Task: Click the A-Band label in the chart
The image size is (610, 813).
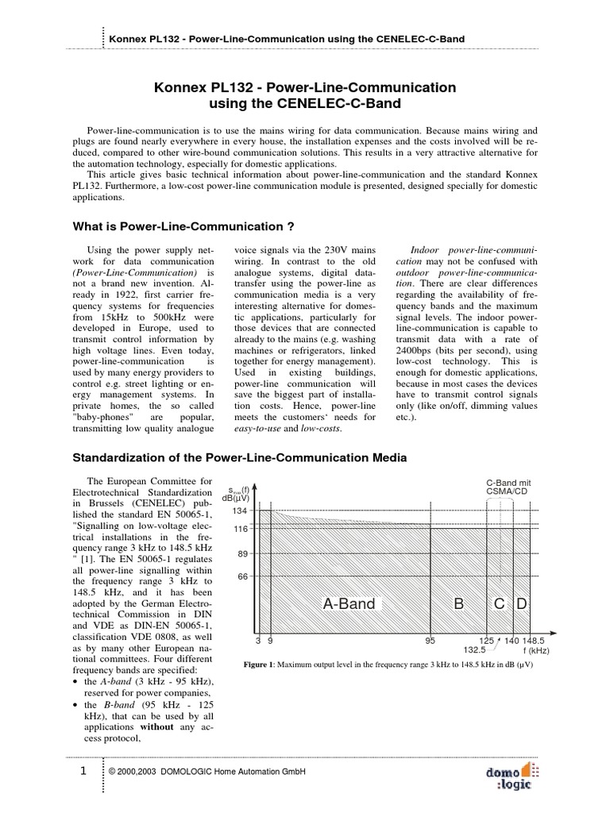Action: pos(349,604)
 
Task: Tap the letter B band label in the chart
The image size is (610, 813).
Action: pos(458,604)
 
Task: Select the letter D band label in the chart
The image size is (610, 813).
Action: pos(521,604)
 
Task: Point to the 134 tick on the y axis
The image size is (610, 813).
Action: pos(241,511)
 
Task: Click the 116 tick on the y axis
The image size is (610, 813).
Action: pos(241,529)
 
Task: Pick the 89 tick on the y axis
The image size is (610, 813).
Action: pos(242,554)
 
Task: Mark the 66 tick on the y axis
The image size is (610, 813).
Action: pos(242,577)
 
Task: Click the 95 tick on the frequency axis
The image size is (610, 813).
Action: pos(430,639)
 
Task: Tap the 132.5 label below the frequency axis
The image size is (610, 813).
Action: pos(486,649)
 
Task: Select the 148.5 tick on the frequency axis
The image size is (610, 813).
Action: pos(535,639)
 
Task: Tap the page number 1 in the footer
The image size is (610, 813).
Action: pos(82,771)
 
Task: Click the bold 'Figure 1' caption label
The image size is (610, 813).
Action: pos(261,664)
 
